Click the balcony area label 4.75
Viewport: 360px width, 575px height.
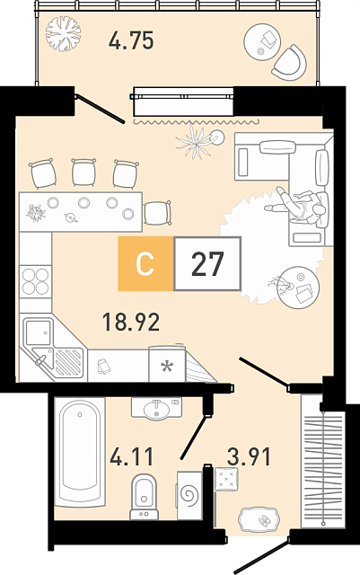tap(131, 40)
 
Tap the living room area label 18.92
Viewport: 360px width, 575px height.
tap(131, 322)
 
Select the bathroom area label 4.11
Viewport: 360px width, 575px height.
tap(132, 457)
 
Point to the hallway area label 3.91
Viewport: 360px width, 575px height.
tap(250, 457)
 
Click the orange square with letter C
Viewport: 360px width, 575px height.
tap(145, 263)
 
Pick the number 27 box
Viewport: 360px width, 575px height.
tap(207, 263)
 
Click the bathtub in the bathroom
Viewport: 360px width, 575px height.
tap(80, 452)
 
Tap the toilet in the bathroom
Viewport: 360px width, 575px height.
tap(144, 497)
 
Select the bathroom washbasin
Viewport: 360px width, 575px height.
tap(156, 408)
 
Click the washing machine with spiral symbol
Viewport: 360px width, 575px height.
tap(189, 495)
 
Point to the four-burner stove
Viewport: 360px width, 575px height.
tap(36, 281)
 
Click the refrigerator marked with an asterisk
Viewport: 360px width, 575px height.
tap(167, 364)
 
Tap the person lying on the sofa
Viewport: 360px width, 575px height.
tap(297, 206)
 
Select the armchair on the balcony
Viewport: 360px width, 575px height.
tap(290, 63)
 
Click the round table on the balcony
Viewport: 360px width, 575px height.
tap(262, 42)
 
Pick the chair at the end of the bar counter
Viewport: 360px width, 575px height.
tap(158, 213)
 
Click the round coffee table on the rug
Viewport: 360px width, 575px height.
tap(298, 287)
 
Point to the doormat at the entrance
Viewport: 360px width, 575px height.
tap(259, 520)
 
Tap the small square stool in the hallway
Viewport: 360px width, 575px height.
tap(226, 479)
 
